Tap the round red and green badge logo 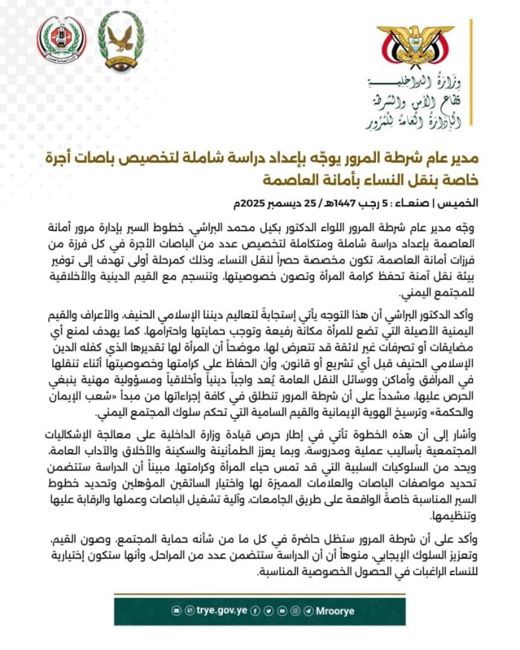(62, 39)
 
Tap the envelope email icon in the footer (177, 610)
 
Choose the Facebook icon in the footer (256, 610)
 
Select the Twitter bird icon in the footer (268, 610)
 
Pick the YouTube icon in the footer (282, 610)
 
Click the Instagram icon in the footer (295, 610)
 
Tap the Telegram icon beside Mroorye (308, 610)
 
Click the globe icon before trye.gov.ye (189, 610)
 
